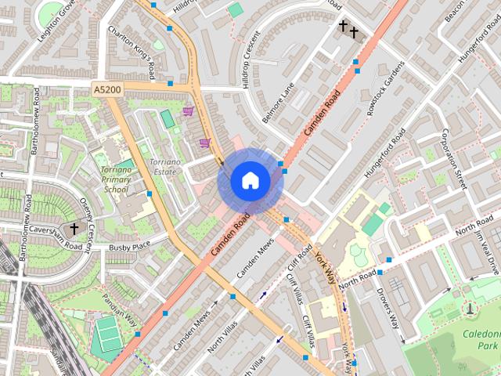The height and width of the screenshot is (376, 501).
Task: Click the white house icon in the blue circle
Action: [x=250, y=181]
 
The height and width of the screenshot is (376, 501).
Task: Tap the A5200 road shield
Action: [x=107, y=90]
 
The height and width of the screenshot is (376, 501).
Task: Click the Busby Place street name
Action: [x=130, y=247]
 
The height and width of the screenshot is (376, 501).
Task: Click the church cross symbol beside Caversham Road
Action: [x=74, y=229]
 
